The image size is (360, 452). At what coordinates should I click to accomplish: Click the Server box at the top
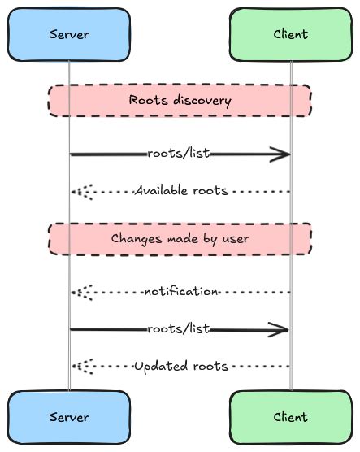click(x=69, y=34)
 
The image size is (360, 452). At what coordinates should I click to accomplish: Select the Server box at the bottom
click(x=69, y=417)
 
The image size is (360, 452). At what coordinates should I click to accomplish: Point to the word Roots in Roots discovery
click(x=146, y=101)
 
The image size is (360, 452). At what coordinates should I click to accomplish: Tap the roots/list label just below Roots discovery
click(x=179, y=154)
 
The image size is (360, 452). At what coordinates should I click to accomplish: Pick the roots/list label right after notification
click(x=179, y=329)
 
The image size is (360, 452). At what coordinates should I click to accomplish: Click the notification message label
click(x=180, y=291)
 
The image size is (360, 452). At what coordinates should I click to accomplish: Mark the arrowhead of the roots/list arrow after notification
click(x=282, y=329)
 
